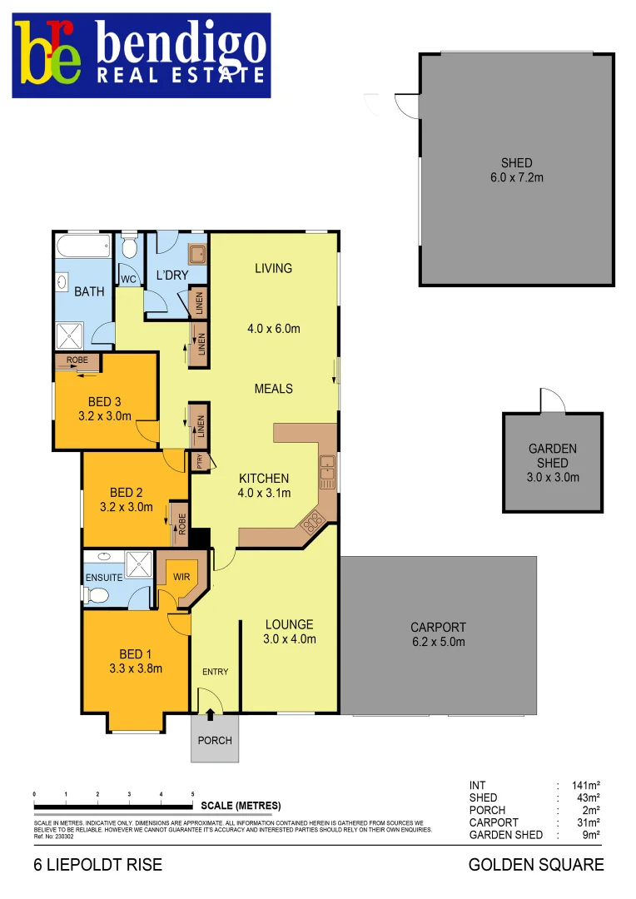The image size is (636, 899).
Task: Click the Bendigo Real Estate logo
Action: tap(141, 55)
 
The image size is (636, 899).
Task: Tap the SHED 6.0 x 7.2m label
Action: tap(516, 170)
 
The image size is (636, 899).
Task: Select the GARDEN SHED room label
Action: tap(552, 463)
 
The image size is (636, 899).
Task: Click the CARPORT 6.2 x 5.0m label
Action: tap(438, 634)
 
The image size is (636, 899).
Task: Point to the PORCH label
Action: tap(214, 740)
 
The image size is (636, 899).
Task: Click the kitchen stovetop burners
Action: tap(314, 521)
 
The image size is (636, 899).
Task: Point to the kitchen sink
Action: tap(327, 471)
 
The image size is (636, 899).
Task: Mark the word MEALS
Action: tap(273, 389)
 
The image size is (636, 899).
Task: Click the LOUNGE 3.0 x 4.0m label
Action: tap(289, 632)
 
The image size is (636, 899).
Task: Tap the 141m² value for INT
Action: tap(585, 785)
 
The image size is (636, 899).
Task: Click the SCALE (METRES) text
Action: tap(241, 806)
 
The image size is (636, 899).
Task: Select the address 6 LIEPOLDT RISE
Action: tap(97, 865)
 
